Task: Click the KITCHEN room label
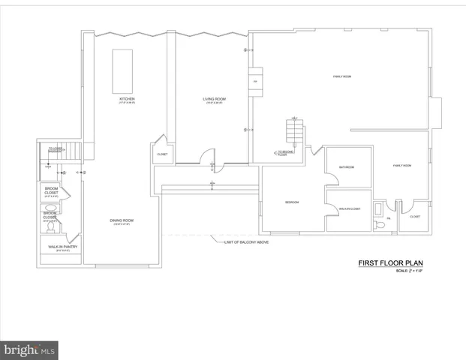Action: tap(127, 99)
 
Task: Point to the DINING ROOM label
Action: tap(122, 220)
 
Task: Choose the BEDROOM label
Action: tap(293, 202)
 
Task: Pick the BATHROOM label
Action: tap(346, 167)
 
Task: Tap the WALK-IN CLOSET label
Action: tap(350, 208)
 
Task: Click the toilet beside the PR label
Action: tap(380, 223)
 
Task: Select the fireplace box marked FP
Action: tap(255, 81)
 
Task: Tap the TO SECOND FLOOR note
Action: tap(284, 153)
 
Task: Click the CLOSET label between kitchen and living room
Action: tap(162, 154)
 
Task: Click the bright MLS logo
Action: tap(29, 349)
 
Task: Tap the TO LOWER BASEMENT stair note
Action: tap(56, 150)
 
